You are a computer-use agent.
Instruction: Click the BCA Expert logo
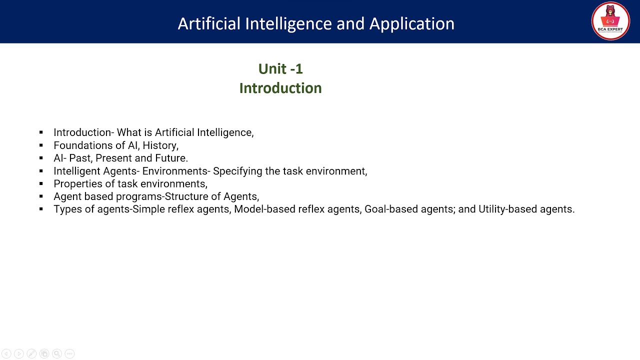(x=610, y=21)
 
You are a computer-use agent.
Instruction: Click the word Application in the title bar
(x=411, y=23)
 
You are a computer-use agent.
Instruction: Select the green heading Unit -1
(x=280, y=68)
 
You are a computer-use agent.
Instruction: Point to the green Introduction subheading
(x=280, y=88)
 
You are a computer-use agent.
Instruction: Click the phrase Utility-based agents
(x=526, y=209)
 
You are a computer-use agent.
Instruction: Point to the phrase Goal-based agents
(x=408, y=209)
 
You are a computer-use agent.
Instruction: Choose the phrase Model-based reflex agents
(x=297, y=209)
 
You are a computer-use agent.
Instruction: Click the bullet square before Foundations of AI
(x=41, y=145)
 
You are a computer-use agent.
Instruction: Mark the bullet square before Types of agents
(x=41, y=209)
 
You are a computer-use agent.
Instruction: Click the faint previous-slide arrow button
(x=6, y=353)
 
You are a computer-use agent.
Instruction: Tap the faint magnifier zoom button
(x=57, y=353)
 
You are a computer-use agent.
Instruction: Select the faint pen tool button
(x=31, y=353)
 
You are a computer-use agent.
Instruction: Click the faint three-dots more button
(x=69, y=353)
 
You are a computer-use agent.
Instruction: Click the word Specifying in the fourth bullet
(x=237, y=171)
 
